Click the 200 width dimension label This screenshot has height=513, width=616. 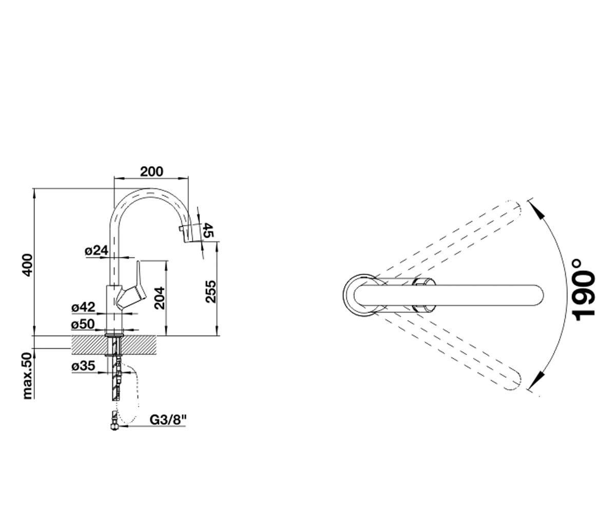tap(151, 171)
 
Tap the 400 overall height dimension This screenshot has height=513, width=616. tap(28, 265)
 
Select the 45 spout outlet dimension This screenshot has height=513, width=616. tap(208, 230)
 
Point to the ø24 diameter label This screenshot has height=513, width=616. tap(97, 251)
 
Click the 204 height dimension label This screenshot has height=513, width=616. tap(160, 298)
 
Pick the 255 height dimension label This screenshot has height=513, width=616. tap(210, 291)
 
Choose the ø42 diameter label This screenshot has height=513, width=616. tap(83, 307)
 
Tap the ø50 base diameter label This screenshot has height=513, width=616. tap(83, 324)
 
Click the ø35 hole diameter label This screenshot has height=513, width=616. tap(83, 366)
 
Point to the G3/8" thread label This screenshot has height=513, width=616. tap(168, 420)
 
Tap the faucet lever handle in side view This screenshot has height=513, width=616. tap(133, 287)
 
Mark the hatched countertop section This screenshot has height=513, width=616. tap(113, 346)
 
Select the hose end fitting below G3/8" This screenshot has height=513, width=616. tap(114, 422)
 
